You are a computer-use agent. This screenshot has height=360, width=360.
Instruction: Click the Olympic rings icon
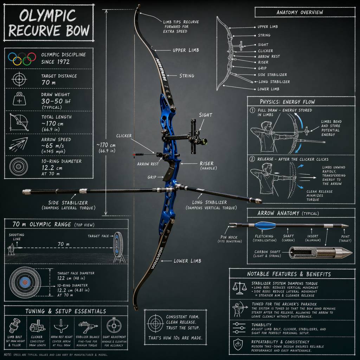point(22,59)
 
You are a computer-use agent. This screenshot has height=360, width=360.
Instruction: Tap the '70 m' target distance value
point(48,83)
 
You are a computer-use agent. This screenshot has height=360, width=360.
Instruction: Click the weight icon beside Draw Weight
point(19,99)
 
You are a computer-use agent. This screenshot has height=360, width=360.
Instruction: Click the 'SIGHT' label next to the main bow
point(206,115)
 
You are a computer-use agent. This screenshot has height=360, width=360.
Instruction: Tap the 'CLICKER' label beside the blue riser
point(124,136)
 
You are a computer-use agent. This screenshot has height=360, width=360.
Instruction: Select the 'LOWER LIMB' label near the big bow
point(187,261)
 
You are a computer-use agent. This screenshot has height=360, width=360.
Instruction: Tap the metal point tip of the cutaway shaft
point(346,252)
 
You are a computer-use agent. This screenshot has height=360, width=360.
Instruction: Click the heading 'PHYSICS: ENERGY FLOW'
point(288,102)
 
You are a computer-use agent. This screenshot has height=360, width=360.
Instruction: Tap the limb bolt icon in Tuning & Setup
point(15,325)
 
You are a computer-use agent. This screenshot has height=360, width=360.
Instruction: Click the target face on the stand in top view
point(118,245)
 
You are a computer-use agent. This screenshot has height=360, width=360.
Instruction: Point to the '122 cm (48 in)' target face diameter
point(70,278)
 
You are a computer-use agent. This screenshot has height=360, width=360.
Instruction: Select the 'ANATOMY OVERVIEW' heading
point(300,12)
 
